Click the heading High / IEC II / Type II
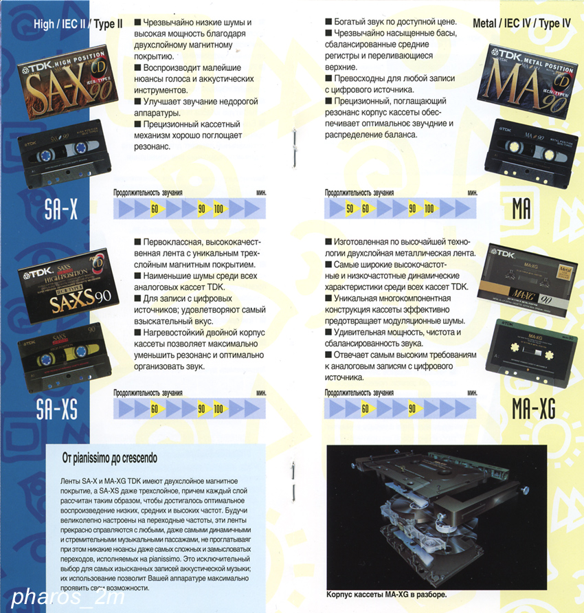[78, 24]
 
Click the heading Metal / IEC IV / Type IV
[521, 23]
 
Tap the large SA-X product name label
[61, 209]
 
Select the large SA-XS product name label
[57, 409]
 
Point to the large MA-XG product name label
[534, 408]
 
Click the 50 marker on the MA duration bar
[350, 209]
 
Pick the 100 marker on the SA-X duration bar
[218, 209]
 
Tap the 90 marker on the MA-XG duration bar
[412, 409]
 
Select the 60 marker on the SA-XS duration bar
[155, 409]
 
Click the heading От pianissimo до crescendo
[110, 458]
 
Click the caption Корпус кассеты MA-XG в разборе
[387, 594]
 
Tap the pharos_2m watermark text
[68, 597]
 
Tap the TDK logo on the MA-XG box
[505, 254]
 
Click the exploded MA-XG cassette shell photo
[437, 517]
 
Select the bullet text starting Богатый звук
[391, 22]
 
